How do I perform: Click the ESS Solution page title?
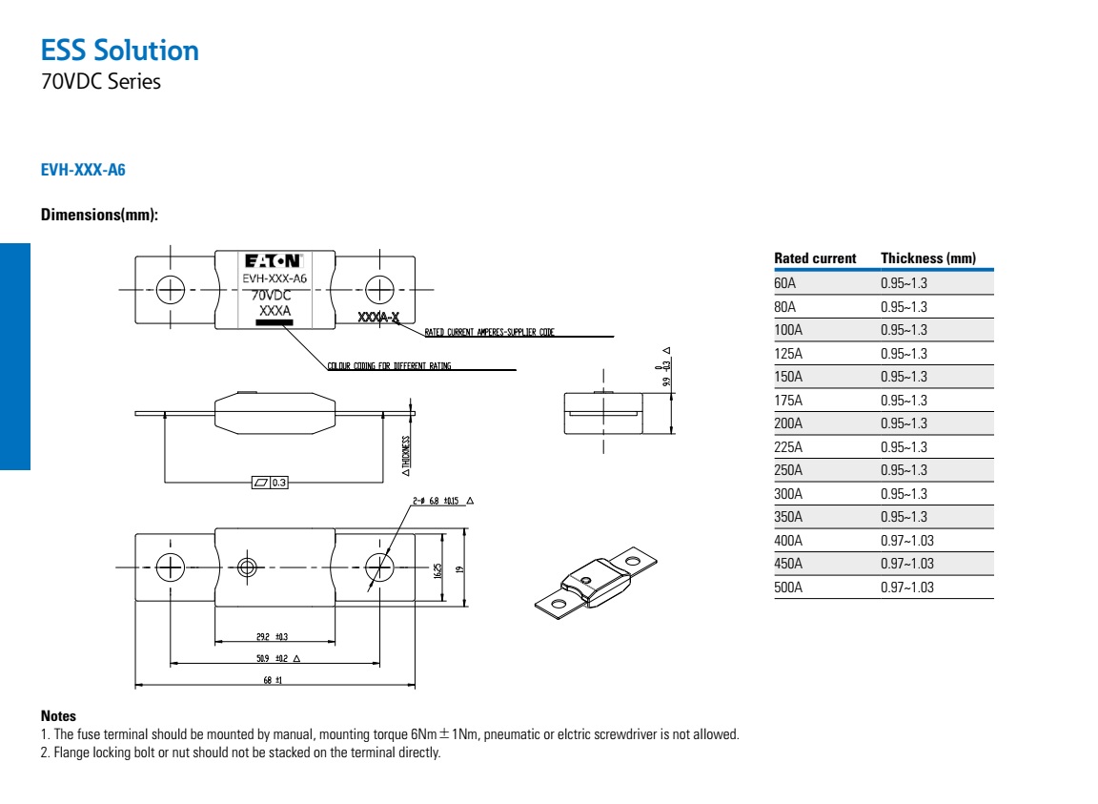pos(120,50)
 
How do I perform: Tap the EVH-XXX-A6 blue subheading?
pos(83,171)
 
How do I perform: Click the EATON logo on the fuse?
pos(274,260)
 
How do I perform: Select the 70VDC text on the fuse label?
pos(272,296)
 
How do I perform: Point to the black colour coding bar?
pos(274,322)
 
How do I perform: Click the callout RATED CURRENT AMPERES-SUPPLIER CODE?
pos(489,333)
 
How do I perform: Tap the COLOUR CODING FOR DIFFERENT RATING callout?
pos(389,366)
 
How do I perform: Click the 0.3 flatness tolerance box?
pos(270,483)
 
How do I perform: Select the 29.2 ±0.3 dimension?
pos(273,635)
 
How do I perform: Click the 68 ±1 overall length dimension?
pos(274,680)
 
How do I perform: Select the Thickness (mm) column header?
pos(927,258)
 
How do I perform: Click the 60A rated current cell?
pos(784,283)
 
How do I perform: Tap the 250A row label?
pos(788,470)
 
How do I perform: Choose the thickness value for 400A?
pos(907,541)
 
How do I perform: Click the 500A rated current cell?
pos(788,588)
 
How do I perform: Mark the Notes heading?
pos(58,715)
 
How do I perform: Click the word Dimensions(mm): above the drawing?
pos(99,215)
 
